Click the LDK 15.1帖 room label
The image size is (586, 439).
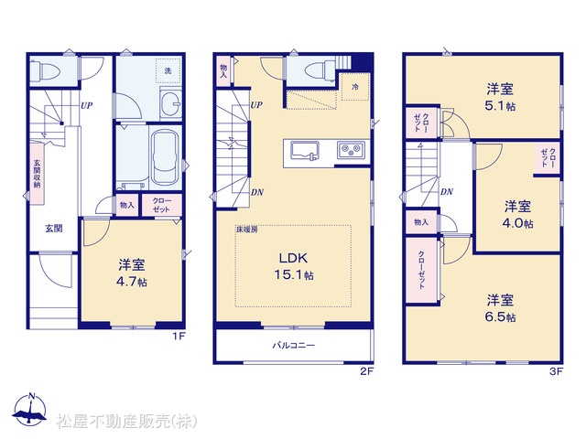coord(294,266)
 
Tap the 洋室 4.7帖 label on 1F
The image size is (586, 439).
coord(132,273)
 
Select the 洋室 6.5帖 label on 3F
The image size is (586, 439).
coord(501,308)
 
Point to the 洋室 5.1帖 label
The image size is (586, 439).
coord(500,97)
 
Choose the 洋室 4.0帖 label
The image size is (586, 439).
coord(517,214)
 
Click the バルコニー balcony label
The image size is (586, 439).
coord(293,346)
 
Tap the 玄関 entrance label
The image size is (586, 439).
coord(54,229)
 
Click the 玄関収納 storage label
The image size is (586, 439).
coord(37,174)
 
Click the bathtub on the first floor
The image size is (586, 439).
coord(165,157)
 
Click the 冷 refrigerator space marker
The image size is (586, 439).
coord(355,87)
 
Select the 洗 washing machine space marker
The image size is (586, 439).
coord(168,70)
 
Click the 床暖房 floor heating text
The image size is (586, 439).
coord(246,230)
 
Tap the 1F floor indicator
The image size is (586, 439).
coord(179,336)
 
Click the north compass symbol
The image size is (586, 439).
coord(30,410)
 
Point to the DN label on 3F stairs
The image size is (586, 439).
coord(447,192)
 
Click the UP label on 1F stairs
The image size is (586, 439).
coord(86,106)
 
